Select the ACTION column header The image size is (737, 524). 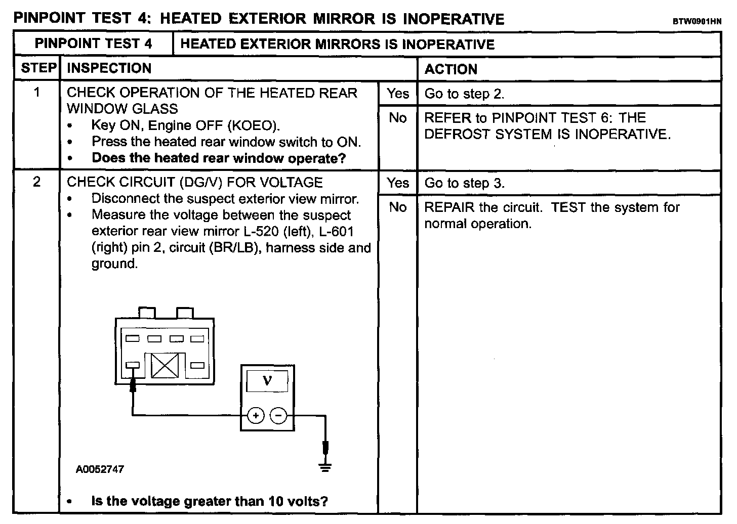(x=451, y=69)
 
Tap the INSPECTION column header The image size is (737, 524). (x=109, y=68)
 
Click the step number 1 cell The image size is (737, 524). (x=37, y=93)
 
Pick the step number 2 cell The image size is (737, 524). (x=37, y=182)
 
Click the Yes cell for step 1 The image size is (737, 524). (x=398, y=94)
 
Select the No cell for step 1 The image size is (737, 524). (x=398, y=118)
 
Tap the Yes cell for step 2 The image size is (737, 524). (x=398, y=183)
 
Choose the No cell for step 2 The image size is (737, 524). (x=398, y=207)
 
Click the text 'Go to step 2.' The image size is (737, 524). (x=464, y=94)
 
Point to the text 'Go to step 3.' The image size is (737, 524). (x=464, y=183)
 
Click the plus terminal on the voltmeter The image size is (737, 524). (x=256, y=416)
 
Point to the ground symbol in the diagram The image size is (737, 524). (x=325, y=467)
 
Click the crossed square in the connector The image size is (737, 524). (x=165, y=365)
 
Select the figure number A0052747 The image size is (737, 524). (x=100, y=469)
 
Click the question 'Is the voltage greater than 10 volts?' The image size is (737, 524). (x=210, y=501)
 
